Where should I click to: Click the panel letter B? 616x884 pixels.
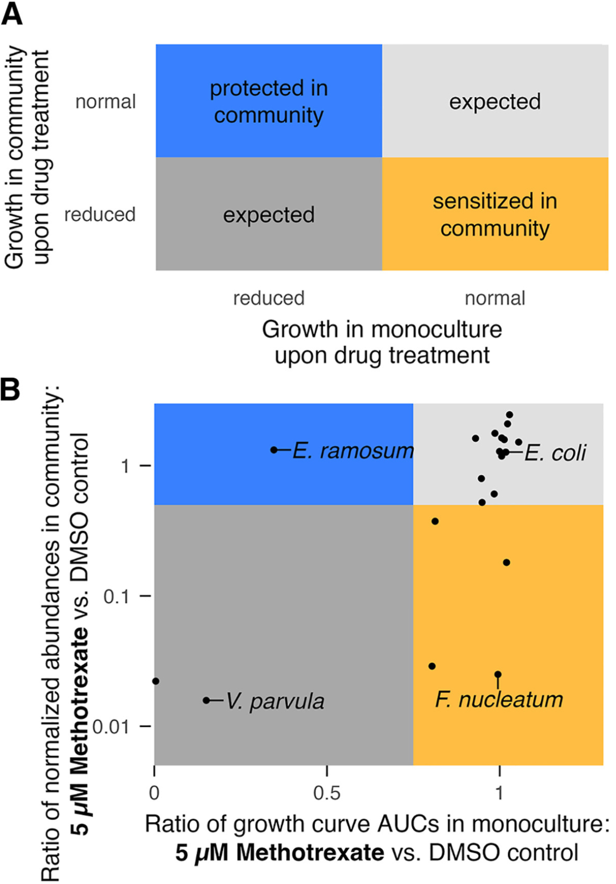click(x=11, y=390)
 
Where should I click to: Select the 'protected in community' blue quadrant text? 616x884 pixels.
click(x=269, y=101)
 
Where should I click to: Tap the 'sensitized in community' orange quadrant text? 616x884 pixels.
click(x=495, y=214)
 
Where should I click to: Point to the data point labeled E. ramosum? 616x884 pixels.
click(x=274, y=450)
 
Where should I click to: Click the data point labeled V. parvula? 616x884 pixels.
click(x=206, y=700)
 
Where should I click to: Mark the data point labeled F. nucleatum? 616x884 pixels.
click(x=498, y=674)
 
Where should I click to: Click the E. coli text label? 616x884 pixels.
click(x=555, y=453)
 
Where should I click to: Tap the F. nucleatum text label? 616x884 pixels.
click(x=499, y=700)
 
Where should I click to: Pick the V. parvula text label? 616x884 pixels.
click(x=275, y=701)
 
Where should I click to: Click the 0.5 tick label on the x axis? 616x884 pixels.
click(x=327, y=793)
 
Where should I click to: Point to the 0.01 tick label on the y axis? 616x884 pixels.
click(x=111, y=727)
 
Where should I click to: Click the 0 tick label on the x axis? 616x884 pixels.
click(x=154, y=793)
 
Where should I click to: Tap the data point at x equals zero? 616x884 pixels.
click(x=156, y=681)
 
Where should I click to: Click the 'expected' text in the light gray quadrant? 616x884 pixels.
click(x=495, y=101)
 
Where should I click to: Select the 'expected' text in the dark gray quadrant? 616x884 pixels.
click(x=269, y=215)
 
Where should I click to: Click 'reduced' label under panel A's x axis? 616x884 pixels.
click(x=269, y=298)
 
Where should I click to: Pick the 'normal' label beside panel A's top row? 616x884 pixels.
click(x=105, y=102)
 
